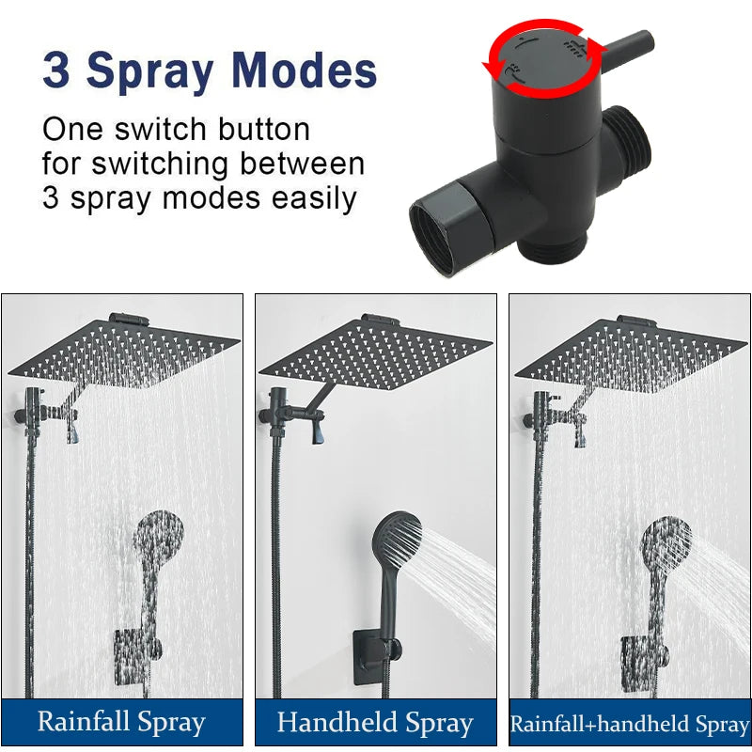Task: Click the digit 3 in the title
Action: pyautogui.click(x=56, y=70)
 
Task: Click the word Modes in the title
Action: pyautogui.click(x=304, y=70)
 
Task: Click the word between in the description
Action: pyautogui.click(x=302, y=164)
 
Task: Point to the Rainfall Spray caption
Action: pyautogui.click(x=121, y=723)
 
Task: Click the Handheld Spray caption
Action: pyautogui.click(x=375, y=723)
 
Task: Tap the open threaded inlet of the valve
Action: pyautogui.click(x=432, y=238)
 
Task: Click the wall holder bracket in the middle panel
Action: pyautogui.click(x=377, y=657)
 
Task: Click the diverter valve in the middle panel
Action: pyautogui.click(x=278, y=413)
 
